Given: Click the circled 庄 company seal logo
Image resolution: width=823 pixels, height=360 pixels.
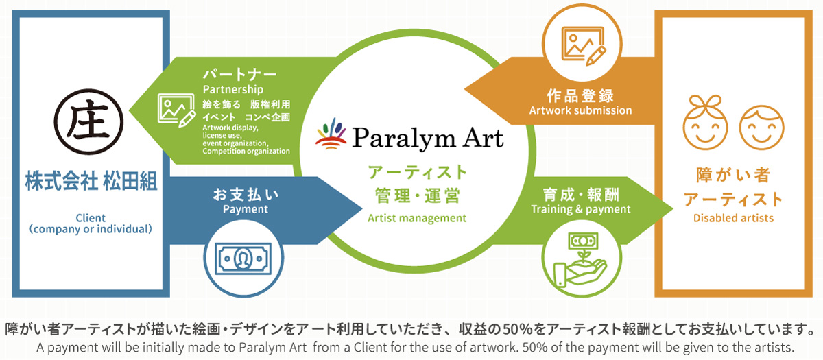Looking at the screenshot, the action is (88, 121).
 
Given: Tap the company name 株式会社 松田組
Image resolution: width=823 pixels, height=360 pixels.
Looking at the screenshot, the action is (91, 181).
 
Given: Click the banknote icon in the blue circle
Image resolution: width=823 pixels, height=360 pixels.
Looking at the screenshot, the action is (243, 259).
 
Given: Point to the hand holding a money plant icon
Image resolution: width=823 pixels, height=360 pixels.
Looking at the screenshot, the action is (580, 260).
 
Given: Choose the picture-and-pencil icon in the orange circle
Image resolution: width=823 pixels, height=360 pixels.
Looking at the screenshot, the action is (584, 45).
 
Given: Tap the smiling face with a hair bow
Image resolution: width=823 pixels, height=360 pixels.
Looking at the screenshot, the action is (705, 122).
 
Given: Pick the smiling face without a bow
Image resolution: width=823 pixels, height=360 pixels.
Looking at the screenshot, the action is (762, 128).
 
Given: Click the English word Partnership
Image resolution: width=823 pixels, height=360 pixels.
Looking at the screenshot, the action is (233, 89).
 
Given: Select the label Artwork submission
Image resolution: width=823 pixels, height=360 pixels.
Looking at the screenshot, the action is (580, 110).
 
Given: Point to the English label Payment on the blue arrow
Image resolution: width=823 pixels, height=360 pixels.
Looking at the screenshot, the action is (246, 209).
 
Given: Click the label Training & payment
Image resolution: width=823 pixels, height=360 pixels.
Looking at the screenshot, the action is (580, 209).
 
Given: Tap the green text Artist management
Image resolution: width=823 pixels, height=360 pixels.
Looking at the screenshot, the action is (417, 218).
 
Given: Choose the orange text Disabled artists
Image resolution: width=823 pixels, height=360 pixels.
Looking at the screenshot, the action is (733, 218).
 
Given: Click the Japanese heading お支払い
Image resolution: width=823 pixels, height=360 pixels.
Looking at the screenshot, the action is (246, 195).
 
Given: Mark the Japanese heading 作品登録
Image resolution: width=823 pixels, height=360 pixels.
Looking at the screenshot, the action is (580, 96).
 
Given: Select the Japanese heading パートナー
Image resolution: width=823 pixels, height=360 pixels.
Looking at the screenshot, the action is (239, 75).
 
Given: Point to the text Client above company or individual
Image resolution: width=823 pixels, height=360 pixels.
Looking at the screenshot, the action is (91, 218).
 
